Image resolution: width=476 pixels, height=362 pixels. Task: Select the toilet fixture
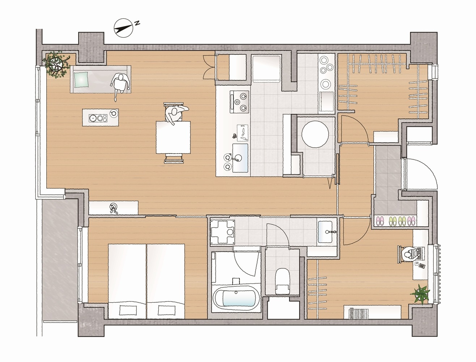point(282,281)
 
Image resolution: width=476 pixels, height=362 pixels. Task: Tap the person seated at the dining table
point(175,114)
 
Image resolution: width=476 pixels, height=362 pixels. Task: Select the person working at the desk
point(410,254)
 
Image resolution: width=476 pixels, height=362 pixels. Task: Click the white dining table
point(173,137)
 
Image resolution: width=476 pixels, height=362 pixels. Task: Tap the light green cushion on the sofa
point(81,80)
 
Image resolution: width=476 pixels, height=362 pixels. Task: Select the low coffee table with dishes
point(101,117)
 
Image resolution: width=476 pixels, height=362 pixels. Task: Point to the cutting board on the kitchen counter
point(243,132)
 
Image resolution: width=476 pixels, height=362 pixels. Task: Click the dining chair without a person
point(174,158)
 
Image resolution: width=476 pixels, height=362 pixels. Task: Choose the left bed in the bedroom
point(127,281)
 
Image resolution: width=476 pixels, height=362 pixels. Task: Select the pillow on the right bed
point(166,310)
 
